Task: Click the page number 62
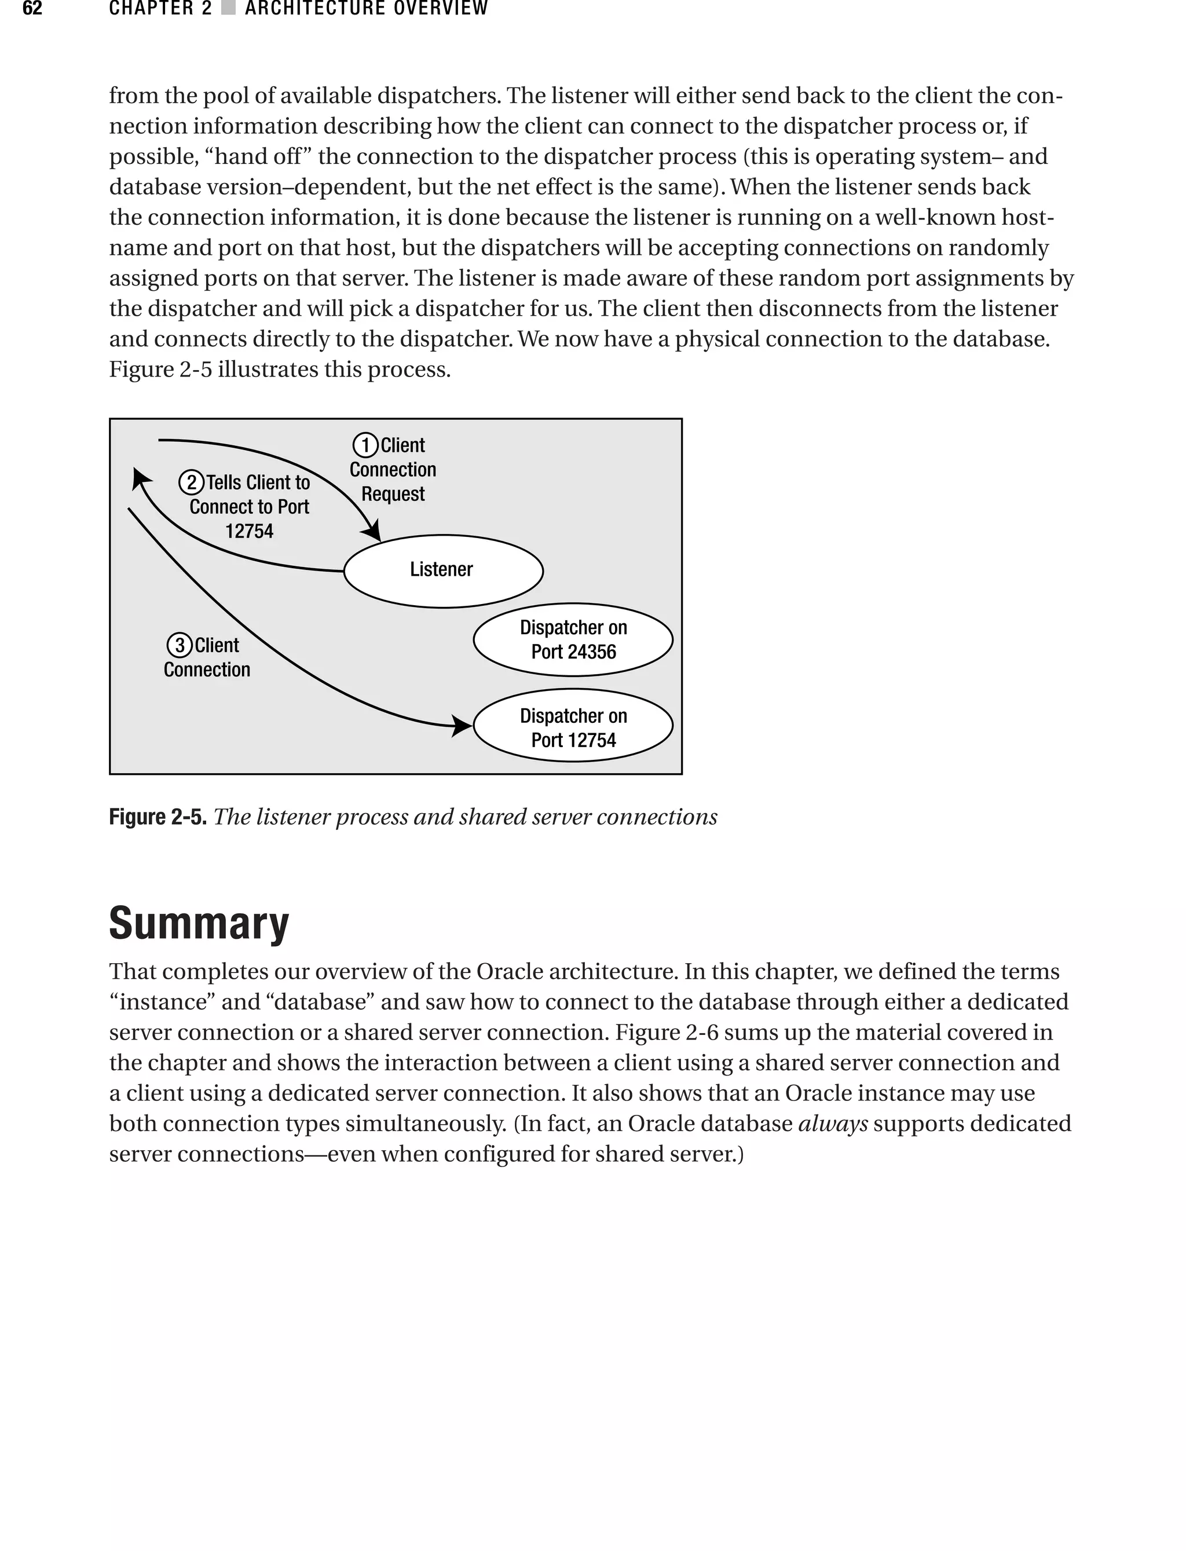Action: (32, 9)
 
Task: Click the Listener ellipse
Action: (442, 570)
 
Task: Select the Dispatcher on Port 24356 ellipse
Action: (573, 639)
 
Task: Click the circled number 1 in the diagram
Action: (365, 445)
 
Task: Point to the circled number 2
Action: (191, 483)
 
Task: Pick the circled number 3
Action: (180, 645)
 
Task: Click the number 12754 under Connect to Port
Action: (249, 532)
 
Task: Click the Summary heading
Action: (199, 923)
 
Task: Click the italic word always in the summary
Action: (832, 1123)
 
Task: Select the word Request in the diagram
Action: (393, 494)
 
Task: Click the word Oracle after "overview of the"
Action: (509, 971)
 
